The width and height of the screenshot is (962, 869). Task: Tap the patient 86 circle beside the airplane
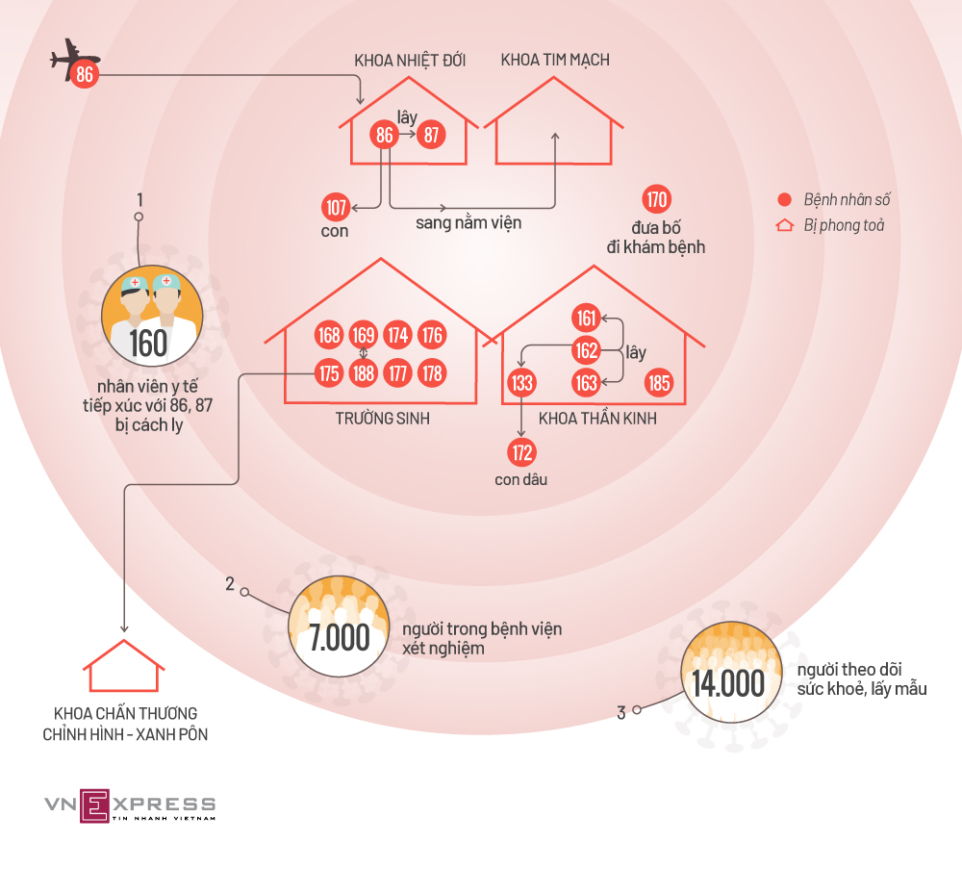[x=85, y=74]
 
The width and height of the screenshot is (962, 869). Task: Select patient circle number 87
[x=431, y=135]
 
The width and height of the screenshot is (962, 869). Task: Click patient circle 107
[x=336, y=207]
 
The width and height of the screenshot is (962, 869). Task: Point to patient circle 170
[x=656, y=200]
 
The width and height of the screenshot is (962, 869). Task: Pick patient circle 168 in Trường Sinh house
[x=329, y=336]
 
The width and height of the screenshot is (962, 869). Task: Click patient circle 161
[x=586, y=318]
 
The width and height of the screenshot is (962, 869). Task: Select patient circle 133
[x=521, y=384]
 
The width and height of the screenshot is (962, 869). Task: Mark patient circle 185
[x=659, y=384]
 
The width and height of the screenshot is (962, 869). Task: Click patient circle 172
[x=521, y=451]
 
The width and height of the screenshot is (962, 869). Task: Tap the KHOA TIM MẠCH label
[x=555, y=60]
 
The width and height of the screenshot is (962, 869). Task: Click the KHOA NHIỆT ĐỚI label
[x=410, y=60]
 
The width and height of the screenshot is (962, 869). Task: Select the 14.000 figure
[x=727, y=683]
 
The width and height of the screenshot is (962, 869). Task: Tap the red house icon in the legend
[x=785, y=226]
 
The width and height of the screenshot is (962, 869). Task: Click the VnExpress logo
[x=129, y=805]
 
